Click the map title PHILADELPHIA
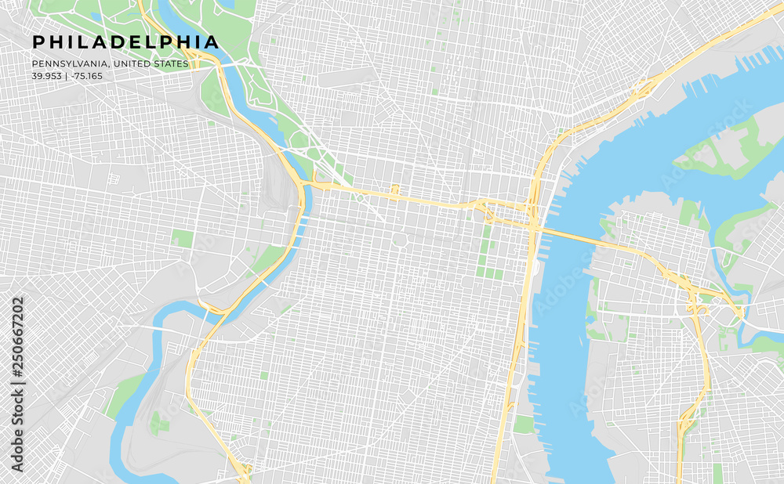point(125,42)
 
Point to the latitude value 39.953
point(45,76)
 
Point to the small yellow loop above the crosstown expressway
point(395,190)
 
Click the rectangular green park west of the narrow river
point(183,238)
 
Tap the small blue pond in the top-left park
point(96,16)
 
